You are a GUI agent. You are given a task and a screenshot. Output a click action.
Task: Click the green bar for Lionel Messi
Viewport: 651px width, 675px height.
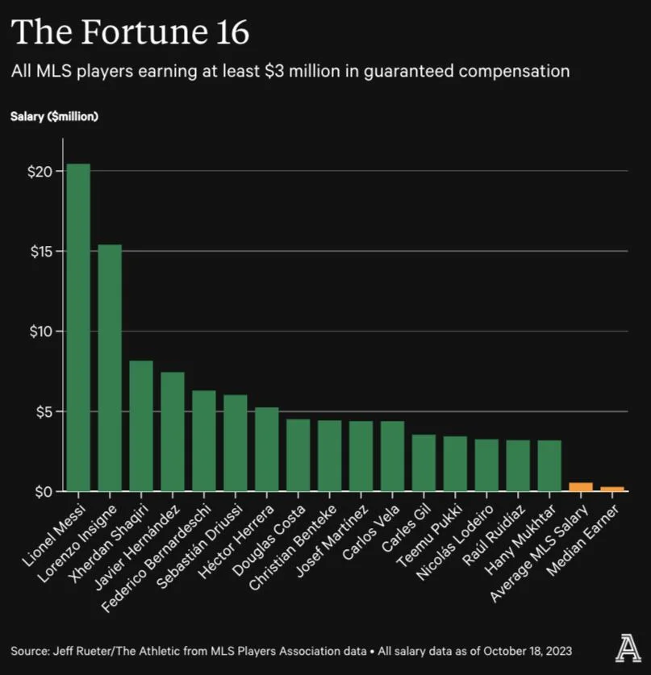pyautogui.click(x=78, y=327)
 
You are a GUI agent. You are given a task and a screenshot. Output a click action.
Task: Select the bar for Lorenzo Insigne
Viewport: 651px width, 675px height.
pyautogui.click(x=110, y=367)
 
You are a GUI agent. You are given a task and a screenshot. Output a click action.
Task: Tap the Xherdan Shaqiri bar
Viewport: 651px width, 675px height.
pyautogui.click(x=141, y=425)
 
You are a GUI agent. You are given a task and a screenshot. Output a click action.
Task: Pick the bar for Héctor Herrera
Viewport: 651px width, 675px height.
pyautogui.click(x=267, y=448)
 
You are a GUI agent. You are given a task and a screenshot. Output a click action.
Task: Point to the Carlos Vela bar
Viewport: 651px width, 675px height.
pyautogui.click(x=392, y=456)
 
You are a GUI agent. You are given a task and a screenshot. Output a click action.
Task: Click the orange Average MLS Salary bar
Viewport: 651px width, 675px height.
pyautogui.click(x=581, y=487)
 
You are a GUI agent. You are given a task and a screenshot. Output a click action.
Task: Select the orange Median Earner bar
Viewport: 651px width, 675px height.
pyautogui.click(x=612, y=489)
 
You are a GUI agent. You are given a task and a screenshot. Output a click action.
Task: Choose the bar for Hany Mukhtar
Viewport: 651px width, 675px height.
pyautogui.click(x=549, y=465)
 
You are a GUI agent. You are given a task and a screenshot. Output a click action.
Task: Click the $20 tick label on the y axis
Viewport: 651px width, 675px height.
pyautogui.click(x=40, y=172)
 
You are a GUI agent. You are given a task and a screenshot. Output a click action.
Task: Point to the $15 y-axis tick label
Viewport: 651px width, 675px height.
pyautogui.click(x=40, y=252)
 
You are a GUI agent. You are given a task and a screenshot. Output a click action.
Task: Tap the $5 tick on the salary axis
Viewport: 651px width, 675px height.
pyautogui.click(x=43, y=412)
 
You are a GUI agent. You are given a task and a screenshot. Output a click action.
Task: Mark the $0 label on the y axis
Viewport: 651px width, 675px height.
pyautogui.click(x=43, y=491)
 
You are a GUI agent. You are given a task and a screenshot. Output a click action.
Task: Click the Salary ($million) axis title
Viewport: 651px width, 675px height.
pyautogui.click(x=54, y=117)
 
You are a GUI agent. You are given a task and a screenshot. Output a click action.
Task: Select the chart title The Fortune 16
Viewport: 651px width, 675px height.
pyautogui.click(x=130, y=33)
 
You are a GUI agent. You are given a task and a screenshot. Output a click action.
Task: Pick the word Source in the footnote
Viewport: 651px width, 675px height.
pyautogui.click(x=30, y=650)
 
